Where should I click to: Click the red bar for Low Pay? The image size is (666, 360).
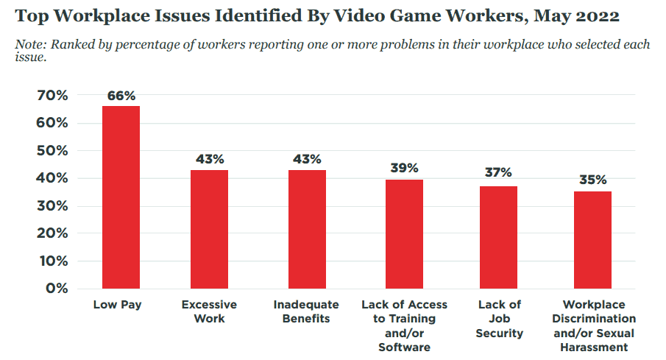tap(121, 197)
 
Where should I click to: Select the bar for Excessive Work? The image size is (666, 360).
tap(210, 230)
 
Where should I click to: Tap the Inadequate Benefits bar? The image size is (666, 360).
tap(307, 230)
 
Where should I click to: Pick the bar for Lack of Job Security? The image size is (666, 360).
tap(499, 238)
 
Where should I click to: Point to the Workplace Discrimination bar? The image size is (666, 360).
tap(593, 240)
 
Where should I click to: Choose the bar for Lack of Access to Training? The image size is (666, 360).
tap(404, 234)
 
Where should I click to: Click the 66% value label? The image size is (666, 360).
tap(121, 96)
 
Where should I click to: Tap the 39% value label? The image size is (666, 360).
tap(404, 168)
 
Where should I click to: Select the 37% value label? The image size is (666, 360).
tap(499, 172)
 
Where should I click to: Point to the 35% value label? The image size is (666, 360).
tap(593, 180)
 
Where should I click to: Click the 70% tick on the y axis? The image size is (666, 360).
tap(52, 95)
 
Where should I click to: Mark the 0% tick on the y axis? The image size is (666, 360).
tap(57, 288)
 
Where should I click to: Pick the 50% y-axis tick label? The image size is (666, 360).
tap(52, 150)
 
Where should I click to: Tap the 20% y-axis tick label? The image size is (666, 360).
tap(52, 233)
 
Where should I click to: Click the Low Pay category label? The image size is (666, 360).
tap(117, 305)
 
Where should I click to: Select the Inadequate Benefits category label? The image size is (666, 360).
tap(306, 311)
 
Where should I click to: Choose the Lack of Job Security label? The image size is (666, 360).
tap(500, 319)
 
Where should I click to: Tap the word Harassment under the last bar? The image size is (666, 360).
tap(594, 347)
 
